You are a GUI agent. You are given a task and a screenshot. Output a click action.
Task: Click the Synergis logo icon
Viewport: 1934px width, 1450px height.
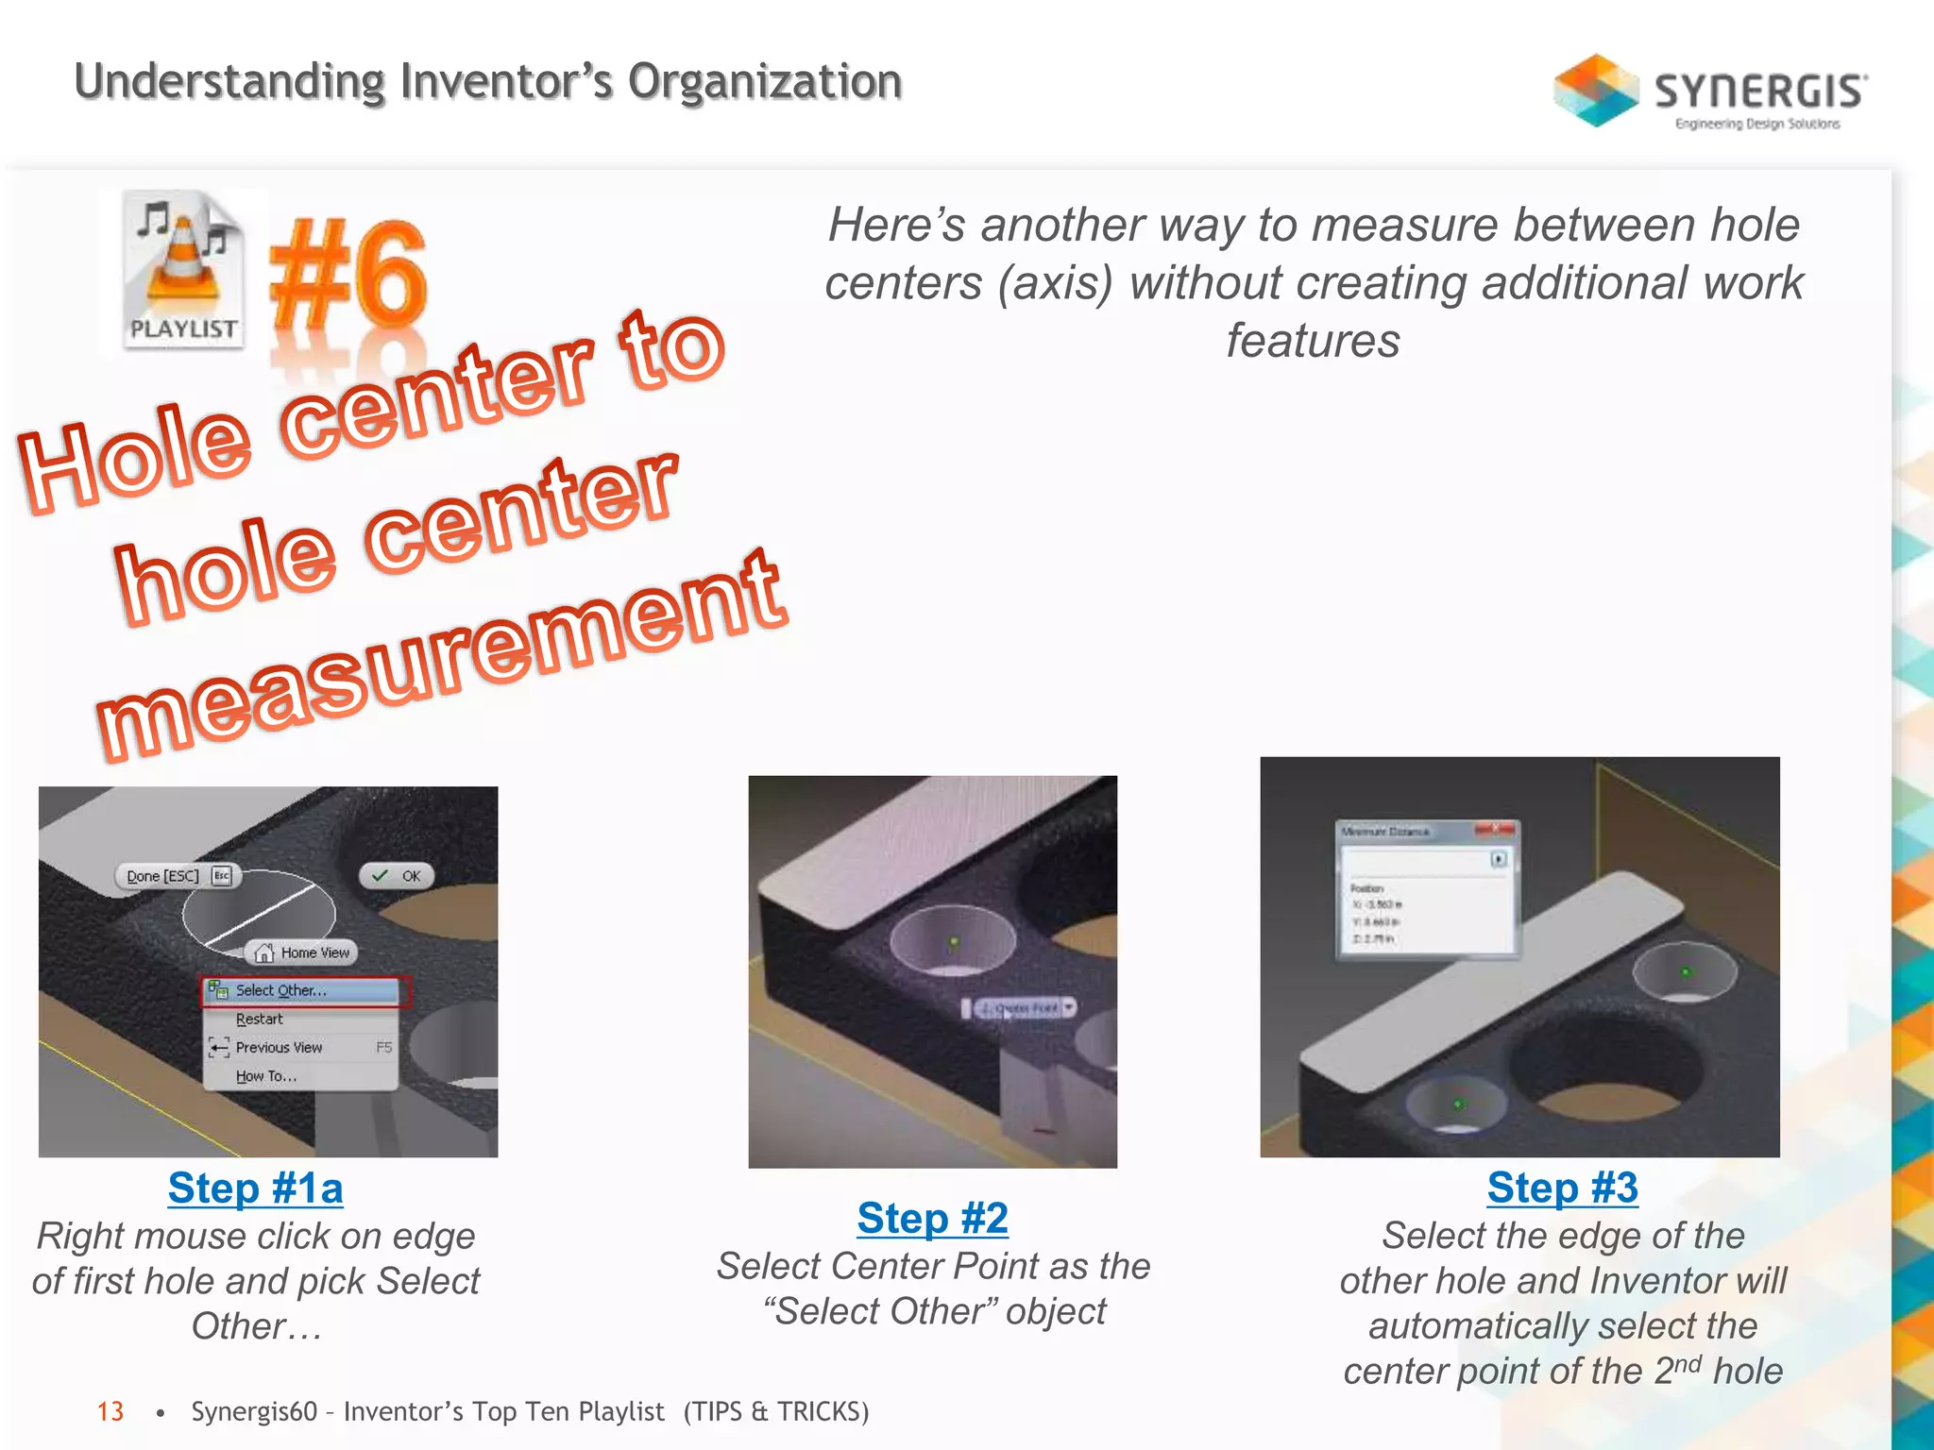(1595, 90)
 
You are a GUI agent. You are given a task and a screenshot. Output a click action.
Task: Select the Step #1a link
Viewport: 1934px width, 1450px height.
(255, 1189)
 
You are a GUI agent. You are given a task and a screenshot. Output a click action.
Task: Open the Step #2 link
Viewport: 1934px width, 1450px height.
(932, 1219)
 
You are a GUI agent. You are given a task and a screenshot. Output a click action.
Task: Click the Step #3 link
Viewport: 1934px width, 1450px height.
(1562, 1188)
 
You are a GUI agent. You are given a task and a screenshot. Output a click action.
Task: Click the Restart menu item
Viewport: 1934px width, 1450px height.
(260, 1020)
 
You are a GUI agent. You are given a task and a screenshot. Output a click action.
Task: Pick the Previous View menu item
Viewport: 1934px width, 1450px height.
(280, 1048)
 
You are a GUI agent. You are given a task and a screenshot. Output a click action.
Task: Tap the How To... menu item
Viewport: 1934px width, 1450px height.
(266, 1076)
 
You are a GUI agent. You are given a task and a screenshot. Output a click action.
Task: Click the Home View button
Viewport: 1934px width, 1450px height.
(303, 953)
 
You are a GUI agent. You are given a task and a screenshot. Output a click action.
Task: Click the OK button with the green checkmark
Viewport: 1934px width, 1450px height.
(398, 876)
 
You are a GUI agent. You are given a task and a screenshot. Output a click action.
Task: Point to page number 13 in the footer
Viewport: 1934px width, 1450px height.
(110, 1411)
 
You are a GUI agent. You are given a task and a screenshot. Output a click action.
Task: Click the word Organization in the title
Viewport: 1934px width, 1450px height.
(765, 82)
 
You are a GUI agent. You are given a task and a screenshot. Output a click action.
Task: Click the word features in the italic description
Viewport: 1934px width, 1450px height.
(1313, 341)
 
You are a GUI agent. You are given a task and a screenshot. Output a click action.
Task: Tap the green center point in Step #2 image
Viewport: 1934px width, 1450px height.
(954, 941)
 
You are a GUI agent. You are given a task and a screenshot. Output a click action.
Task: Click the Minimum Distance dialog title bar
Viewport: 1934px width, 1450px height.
(1407, 832)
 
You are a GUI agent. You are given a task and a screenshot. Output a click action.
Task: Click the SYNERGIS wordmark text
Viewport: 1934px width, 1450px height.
(1759, 92)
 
